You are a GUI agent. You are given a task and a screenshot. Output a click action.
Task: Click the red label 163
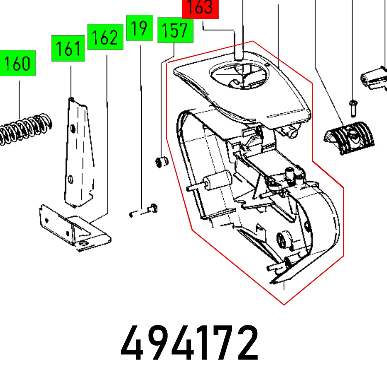tap(200, 9)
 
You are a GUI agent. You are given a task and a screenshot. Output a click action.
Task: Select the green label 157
tap(175, 30)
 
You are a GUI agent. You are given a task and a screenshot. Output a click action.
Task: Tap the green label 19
tap(140, 28)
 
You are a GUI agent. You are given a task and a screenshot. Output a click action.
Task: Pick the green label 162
tap(105, 37)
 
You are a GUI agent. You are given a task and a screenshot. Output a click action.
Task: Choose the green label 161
tap(68, 48)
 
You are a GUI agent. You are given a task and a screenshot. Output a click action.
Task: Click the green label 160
tap(17, 63)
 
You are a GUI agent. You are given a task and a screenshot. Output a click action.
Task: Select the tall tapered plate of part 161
tap(79, 155)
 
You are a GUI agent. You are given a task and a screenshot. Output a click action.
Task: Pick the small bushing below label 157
tap(161, 161)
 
